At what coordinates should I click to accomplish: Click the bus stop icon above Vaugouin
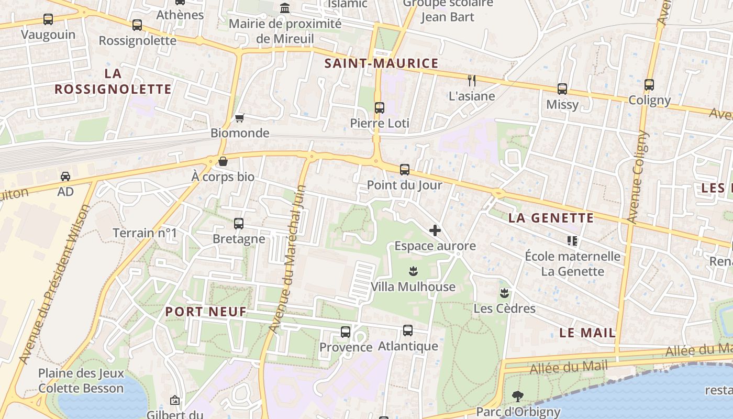(x=48, y=19)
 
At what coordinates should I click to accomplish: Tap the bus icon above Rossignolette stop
(x=137, y=25)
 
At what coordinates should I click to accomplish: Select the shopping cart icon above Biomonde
(x=240, y=118)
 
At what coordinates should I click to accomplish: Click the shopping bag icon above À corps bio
(x=223, y=161)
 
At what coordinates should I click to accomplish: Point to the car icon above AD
(x=65, y=176)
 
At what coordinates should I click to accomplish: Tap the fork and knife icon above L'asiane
(x=472, y=80)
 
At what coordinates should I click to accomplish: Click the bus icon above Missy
(x=562, y=89)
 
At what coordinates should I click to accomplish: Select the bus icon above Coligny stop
(x=649, y=84)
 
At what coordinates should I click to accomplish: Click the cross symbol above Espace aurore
(x=435, y=230)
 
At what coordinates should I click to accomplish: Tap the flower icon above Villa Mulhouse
(x=413, y=271)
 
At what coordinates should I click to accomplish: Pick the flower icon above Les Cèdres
(x=504, y=293)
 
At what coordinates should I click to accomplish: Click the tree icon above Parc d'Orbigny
(x=518, y=396)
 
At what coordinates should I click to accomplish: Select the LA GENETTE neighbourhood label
(x=551, y=218)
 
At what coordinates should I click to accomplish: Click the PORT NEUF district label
(x=206, y=312)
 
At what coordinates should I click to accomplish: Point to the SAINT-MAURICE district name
(x=381, y=63)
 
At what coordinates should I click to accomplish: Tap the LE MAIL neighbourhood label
(x=587, y=333)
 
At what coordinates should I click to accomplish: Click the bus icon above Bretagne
(x=239, y=224)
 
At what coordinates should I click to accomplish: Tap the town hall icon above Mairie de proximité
(x=285, y=8)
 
